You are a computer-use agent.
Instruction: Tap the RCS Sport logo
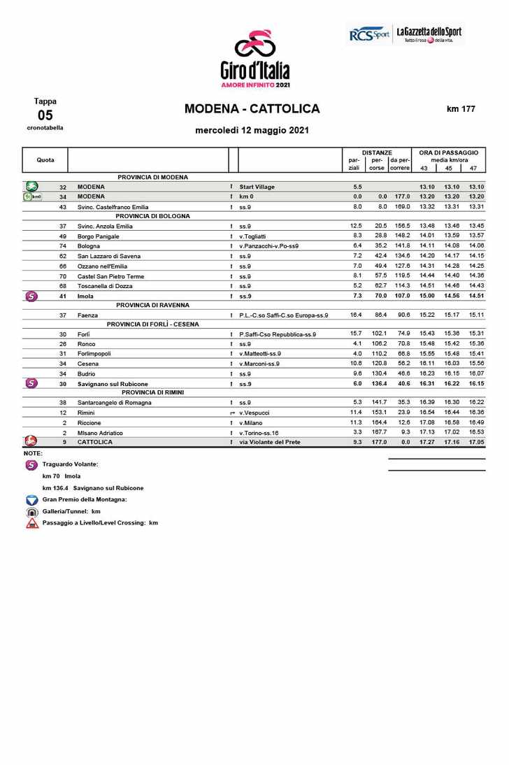369,34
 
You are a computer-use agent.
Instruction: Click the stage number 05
45,115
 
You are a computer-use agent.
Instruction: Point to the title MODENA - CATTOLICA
252,109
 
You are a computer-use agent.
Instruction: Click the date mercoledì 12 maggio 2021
252,130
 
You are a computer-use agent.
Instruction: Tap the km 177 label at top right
461,109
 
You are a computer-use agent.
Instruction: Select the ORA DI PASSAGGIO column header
448,152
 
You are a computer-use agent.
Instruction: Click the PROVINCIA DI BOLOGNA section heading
153,216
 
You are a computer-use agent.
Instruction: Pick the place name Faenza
87,315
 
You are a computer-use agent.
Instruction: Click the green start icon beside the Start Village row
32,187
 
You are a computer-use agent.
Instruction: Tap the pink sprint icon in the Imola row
31,296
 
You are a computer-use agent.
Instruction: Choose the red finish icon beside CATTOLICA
31,442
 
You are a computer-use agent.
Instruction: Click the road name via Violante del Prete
270,442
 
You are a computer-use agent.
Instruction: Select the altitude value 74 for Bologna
63,246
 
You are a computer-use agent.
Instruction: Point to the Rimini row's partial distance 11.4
356,413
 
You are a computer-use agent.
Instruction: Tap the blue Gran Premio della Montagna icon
32,500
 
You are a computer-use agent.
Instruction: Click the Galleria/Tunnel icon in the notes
32,511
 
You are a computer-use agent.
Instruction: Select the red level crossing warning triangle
32,523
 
